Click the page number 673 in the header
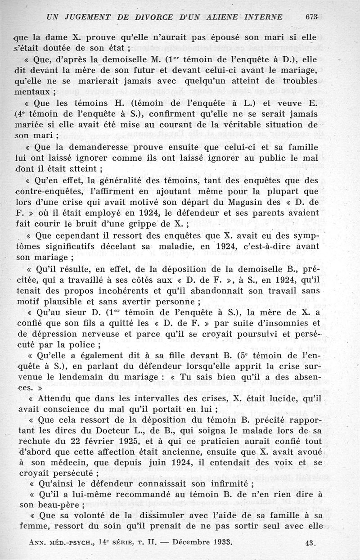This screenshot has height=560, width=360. click(311, 18)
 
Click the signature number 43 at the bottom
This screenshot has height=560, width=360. click(309, 543)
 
